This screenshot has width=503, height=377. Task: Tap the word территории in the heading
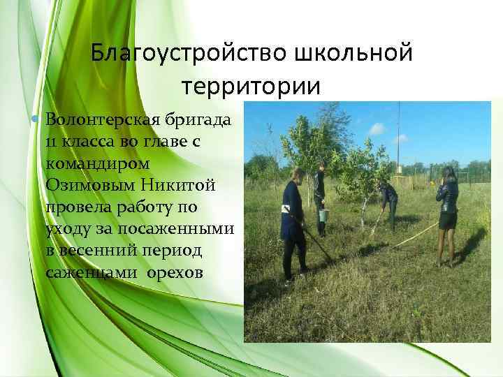[x=251, y=86]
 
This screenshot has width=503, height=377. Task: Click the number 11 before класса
[x=52, y=142]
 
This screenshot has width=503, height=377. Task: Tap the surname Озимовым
[x=88, y=185]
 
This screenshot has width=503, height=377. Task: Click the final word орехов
[x=175, y=272]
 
